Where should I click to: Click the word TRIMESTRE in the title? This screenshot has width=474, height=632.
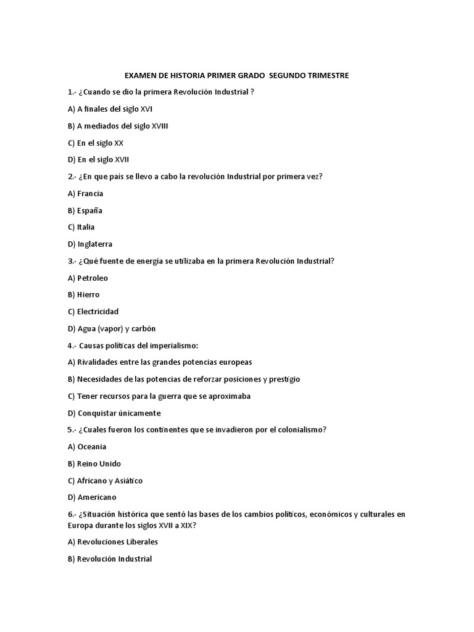tap(325, 75)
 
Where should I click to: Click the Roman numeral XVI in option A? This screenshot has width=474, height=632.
tap(146, 109)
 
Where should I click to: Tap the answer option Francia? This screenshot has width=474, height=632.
tap(90, 193)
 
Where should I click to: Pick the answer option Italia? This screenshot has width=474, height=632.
tap(86, 227)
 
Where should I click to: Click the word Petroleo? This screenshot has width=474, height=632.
tap(93, 278)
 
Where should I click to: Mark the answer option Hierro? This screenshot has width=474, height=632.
tap(88, 294)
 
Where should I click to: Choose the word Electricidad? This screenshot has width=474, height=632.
tap(98, 311)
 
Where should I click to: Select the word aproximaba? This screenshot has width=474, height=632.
tap(230, 396)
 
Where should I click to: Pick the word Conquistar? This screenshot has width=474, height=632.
tap(99, 412)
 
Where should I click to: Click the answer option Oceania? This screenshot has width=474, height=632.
tap(92, 446)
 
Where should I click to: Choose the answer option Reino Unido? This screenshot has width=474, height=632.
tap(99, 464)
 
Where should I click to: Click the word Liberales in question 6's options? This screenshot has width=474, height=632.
tap(140, 542)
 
